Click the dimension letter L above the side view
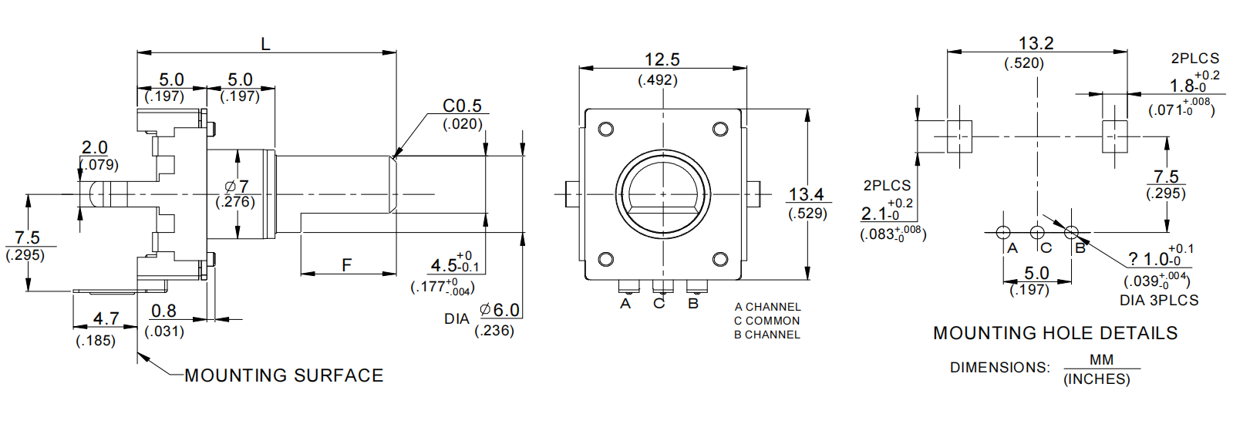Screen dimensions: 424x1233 pos(265,44)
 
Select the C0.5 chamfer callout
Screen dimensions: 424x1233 pos(461,106)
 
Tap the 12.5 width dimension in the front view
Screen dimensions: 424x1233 pos(662,59)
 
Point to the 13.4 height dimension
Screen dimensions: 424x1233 pos(806,195)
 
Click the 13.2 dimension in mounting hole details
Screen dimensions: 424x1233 pos(1036,44)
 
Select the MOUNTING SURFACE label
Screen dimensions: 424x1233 pos(284,375)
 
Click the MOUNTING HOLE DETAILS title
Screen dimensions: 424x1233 pos(1055,333)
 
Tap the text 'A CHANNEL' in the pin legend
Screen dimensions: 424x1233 pos(767,307)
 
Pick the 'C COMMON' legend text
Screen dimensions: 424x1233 pos(766,321)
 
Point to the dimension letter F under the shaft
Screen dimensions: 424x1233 pos(347,265)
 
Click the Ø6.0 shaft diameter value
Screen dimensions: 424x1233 pos(500,310)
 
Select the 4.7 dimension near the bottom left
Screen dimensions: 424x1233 pos(106,318)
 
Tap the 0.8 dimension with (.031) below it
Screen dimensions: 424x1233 pos(163,311)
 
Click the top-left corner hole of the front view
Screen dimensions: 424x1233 pos(606,129)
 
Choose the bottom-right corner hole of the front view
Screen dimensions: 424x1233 pos(719,259)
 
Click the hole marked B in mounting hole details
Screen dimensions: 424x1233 pos(1071,232)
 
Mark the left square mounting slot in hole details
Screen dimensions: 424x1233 pos(959,136)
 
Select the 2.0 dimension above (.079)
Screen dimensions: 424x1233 pos(95,147)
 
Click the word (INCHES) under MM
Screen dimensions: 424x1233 pos(1097,379)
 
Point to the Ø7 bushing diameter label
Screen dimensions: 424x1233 pos(237,187)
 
